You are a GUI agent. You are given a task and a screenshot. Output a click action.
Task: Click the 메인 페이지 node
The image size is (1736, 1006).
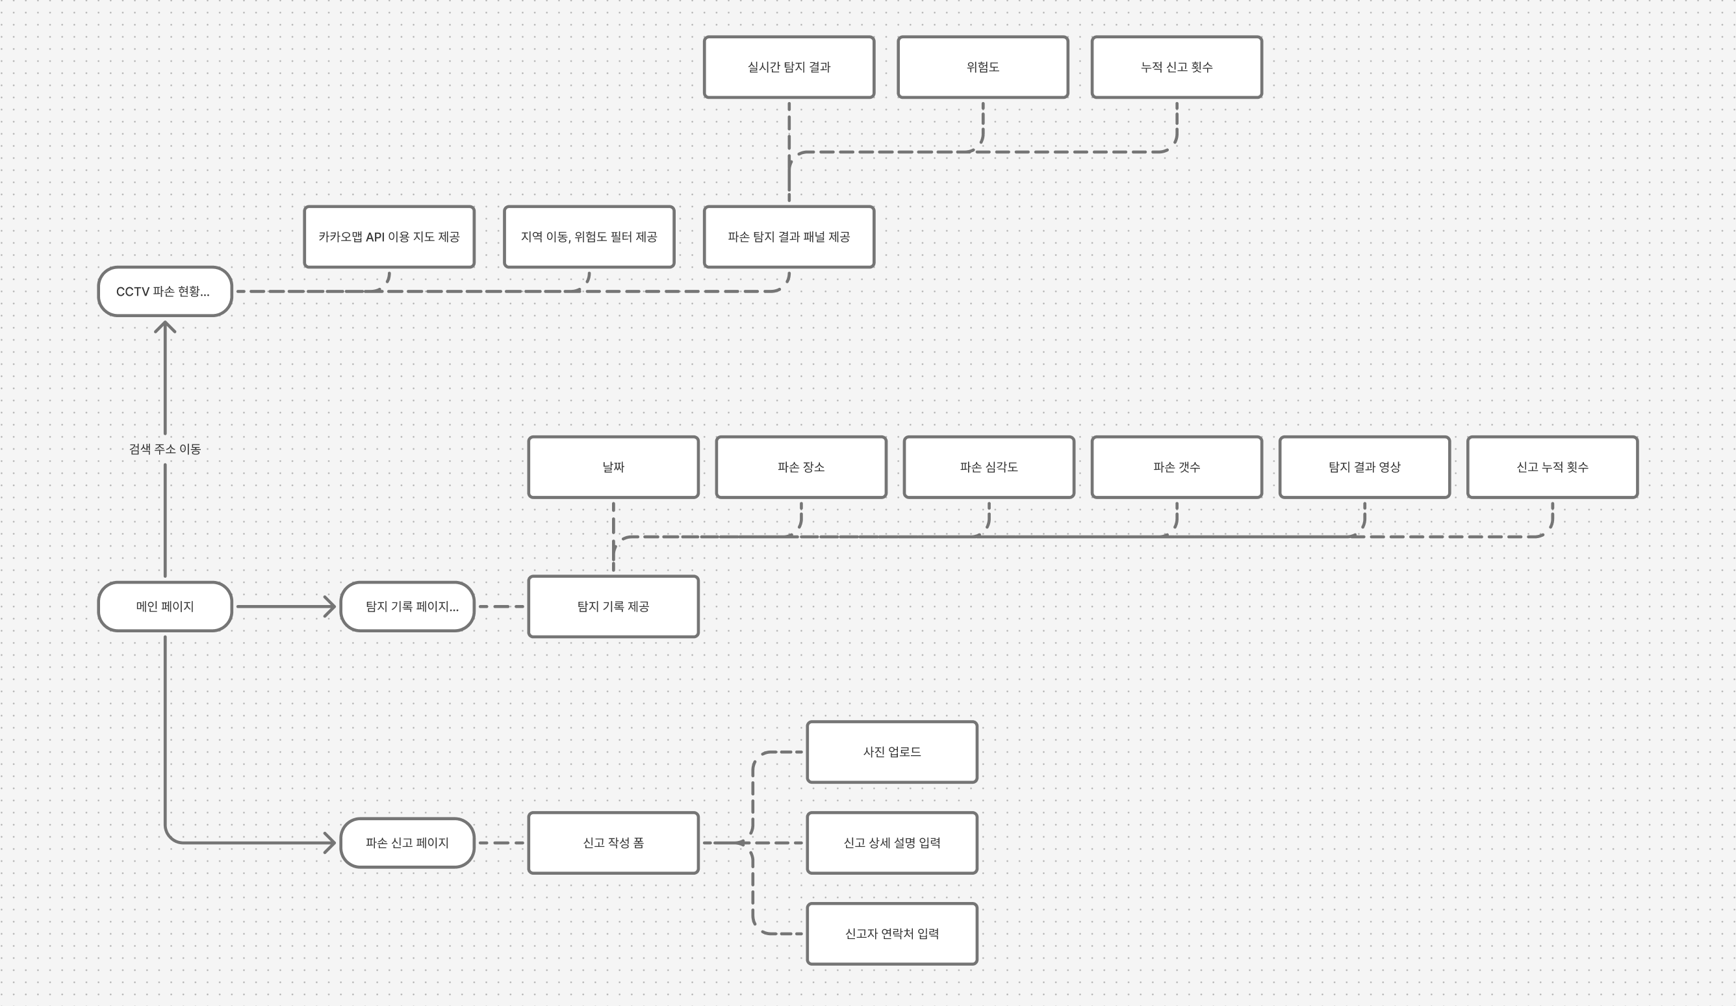coord(164,606)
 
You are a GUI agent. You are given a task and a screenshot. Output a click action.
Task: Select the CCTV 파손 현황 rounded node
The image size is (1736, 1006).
coord(164,291)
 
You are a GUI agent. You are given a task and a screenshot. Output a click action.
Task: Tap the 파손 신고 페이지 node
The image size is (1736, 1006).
coord(407,843)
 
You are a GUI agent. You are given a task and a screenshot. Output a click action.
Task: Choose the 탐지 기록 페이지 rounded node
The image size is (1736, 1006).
coord(407,606)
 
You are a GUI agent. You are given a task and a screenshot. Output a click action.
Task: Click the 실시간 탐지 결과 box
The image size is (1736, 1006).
coord(789,67)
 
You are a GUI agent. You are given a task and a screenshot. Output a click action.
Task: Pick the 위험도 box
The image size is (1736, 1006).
coord(982,67)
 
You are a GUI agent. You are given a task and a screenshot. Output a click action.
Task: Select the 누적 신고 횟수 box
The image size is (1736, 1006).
coord(1177,67)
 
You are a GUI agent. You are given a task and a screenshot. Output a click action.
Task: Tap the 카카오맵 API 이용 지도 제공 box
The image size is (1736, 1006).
coord(389,237)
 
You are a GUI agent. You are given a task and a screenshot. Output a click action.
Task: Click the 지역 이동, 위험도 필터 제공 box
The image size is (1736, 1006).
coord(589,237)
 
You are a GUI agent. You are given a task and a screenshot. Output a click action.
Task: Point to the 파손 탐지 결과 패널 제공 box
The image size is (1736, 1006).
coord(789,237)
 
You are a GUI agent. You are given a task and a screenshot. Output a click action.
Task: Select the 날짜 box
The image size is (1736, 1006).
coord(613,467)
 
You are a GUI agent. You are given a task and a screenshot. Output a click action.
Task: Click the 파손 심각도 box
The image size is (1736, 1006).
coord(989,467)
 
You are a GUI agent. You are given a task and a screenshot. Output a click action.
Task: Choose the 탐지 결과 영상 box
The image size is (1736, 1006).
coord(1364,467)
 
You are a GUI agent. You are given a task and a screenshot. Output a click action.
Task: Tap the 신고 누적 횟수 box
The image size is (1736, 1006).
coord(1552,467)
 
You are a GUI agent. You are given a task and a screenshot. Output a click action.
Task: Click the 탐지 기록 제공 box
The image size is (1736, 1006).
coord(613,606)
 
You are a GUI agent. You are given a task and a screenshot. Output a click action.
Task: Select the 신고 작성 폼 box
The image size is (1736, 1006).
coord(613,843)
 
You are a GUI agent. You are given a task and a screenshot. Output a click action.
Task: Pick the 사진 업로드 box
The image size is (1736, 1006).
coord(891,752)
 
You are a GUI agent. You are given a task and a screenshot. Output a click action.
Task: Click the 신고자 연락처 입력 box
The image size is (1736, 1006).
coord(891,934)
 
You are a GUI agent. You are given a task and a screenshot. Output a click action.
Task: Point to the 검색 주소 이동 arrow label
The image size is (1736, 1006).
coord(164,448)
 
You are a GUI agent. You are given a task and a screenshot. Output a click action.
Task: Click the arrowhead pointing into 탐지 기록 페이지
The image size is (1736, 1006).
coord(330,606)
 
